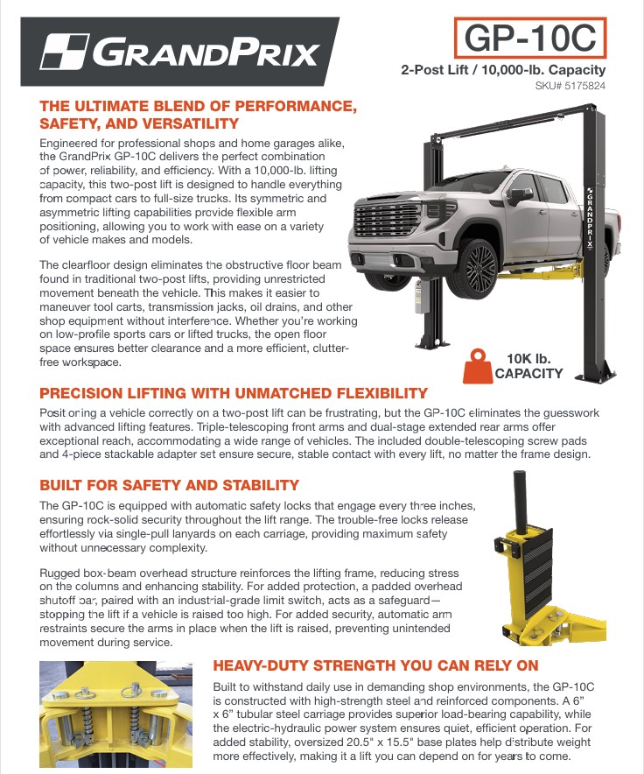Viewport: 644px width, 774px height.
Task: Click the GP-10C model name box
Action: [530, 38]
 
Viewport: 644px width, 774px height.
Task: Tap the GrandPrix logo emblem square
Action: [65, 52]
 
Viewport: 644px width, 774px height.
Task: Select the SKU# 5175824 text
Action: [570, 86]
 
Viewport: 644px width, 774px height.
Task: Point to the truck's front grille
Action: [387, 219]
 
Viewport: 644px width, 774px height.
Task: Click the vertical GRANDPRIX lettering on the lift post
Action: [591, 217]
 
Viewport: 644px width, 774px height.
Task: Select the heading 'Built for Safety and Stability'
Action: [169, 485]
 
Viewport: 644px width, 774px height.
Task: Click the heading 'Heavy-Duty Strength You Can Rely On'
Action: [375, 665]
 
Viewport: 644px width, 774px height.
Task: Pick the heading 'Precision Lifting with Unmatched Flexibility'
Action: [234, 393]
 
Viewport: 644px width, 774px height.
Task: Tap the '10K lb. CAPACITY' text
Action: [528, 366]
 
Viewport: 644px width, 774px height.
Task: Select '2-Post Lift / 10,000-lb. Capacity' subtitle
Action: [503, 70]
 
